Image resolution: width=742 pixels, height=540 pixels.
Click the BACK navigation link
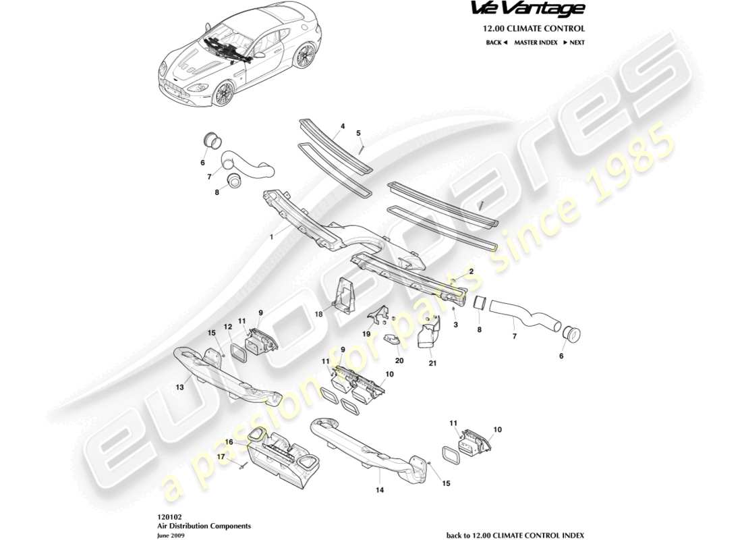coord(496,43)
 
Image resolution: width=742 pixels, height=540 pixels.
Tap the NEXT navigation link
coord(573,43)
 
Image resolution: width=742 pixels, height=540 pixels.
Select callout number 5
coord(359,133)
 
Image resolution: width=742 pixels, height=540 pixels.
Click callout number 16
coord(229,441)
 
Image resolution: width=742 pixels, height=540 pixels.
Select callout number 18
coord(317,314)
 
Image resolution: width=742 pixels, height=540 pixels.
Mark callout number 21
coord(432,363)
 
